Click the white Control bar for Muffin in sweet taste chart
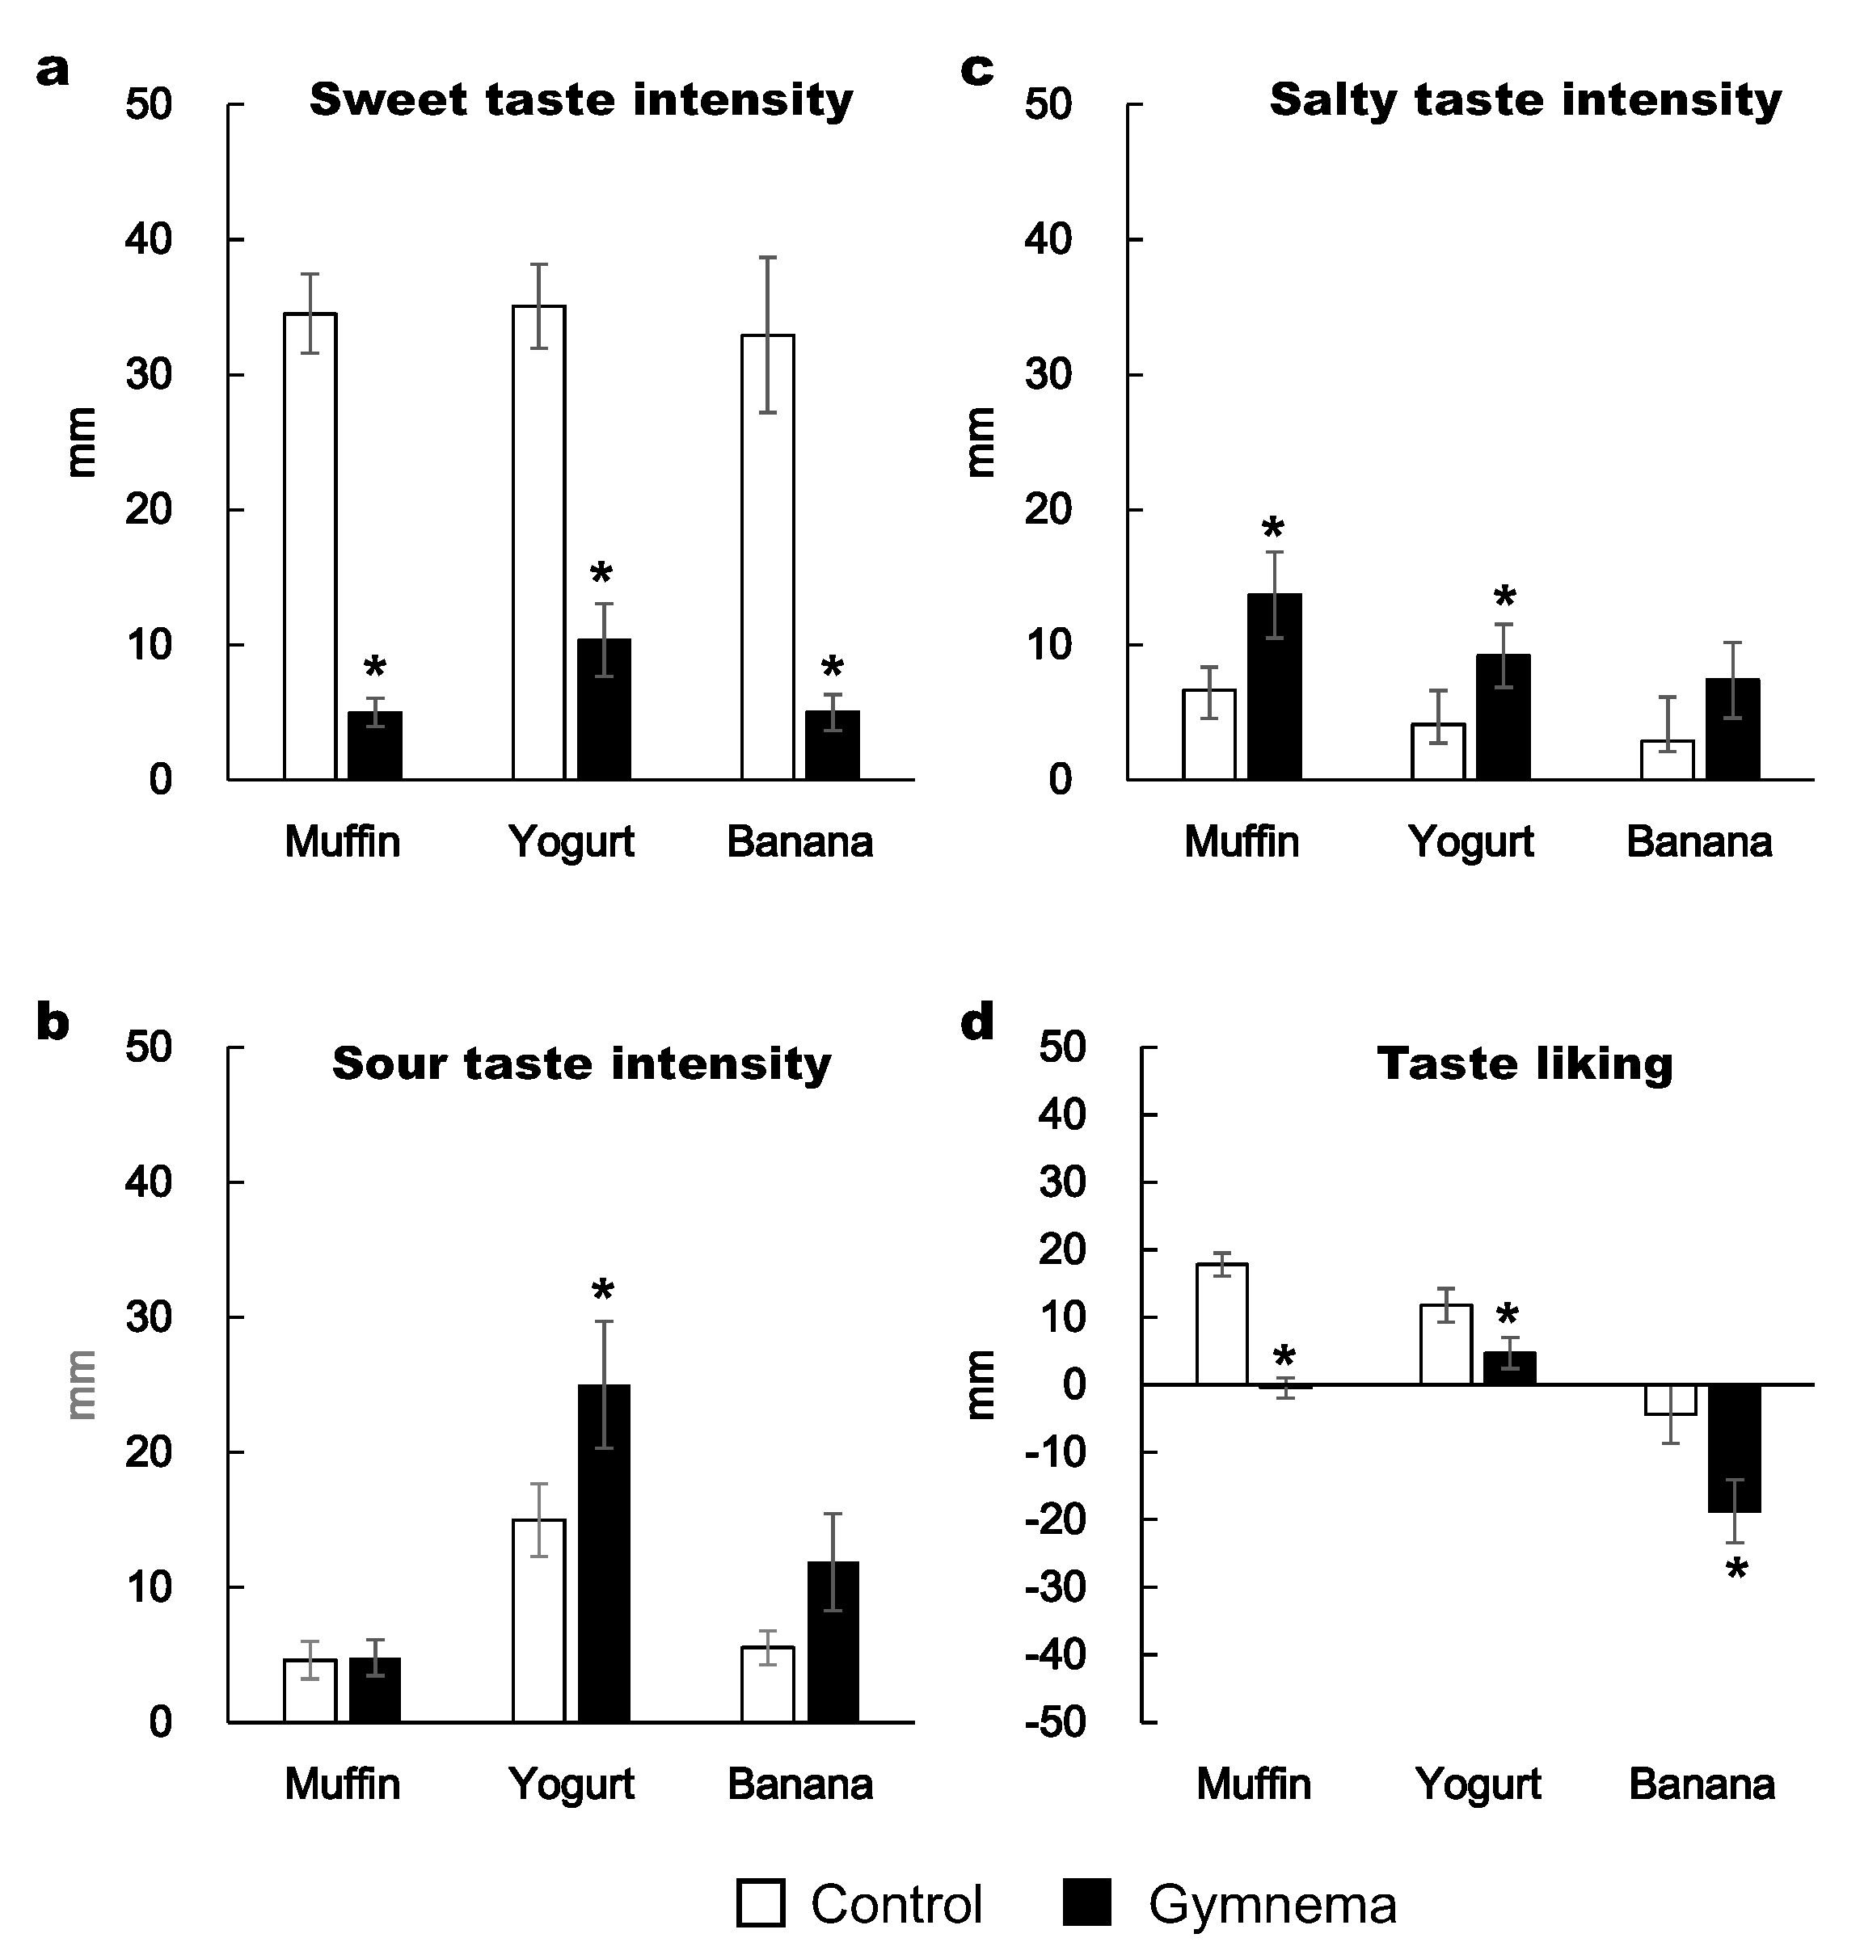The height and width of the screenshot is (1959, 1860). [310, 546]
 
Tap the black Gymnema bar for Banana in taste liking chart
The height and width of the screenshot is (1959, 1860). [1734, 1448]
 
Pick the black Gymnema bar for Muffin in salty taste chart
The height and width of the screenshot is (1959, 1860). [1274, 686]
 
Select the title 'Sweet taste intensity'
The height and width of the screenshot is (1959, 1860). [581, 100]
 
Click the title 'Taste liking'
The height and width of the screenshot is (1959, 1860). [1525, 1064]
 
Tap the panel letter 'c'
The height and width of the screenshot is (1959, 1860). [977, 70]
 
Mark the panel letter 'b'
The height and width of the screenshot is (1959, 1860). [53, 1022]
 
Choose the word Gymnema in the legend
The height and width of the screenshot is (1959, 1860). [1272, 1905]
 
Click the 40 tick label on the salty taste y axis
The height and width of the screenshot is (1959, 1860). [1049, 240]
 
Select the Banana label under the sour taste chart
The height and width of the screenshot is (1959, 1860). [800, 1784]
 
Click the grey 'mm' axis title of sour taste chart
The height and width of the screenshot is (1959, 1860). [82, 1384]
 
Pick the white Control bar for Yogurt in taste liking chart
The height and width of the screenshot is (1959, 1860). [1445, 1344]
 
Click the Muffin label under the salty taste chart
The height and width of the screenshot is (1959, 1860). [1242, 841]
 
